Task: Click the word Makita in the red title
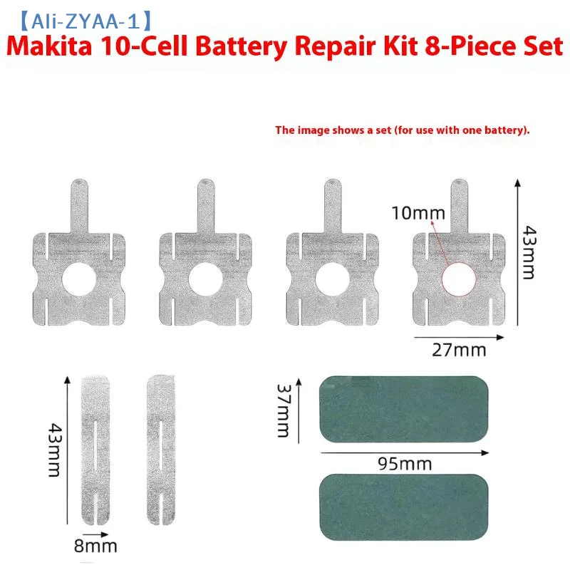pyautogui.click(x=49, y=47)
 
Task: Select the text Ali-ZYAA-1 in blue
pyautogui.click(x=85, y=21)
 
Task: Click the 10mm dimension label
pyautogui.click(x=418, y=213)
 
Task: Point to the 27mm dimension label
pyautogui.click(x=459, y=350)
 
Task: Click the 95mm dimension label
pyautogui.click(x=405, y=464)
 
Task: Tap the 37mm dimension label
pyautogui.click(x=283, y=410)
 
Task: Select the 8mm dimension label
pyautogui.click(x=95, y=546)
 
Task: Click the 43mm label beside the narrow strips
pyautogui.click(x=55, y=450)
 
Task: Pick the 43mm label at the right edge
pyautogui.click(x=529, y=252)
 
